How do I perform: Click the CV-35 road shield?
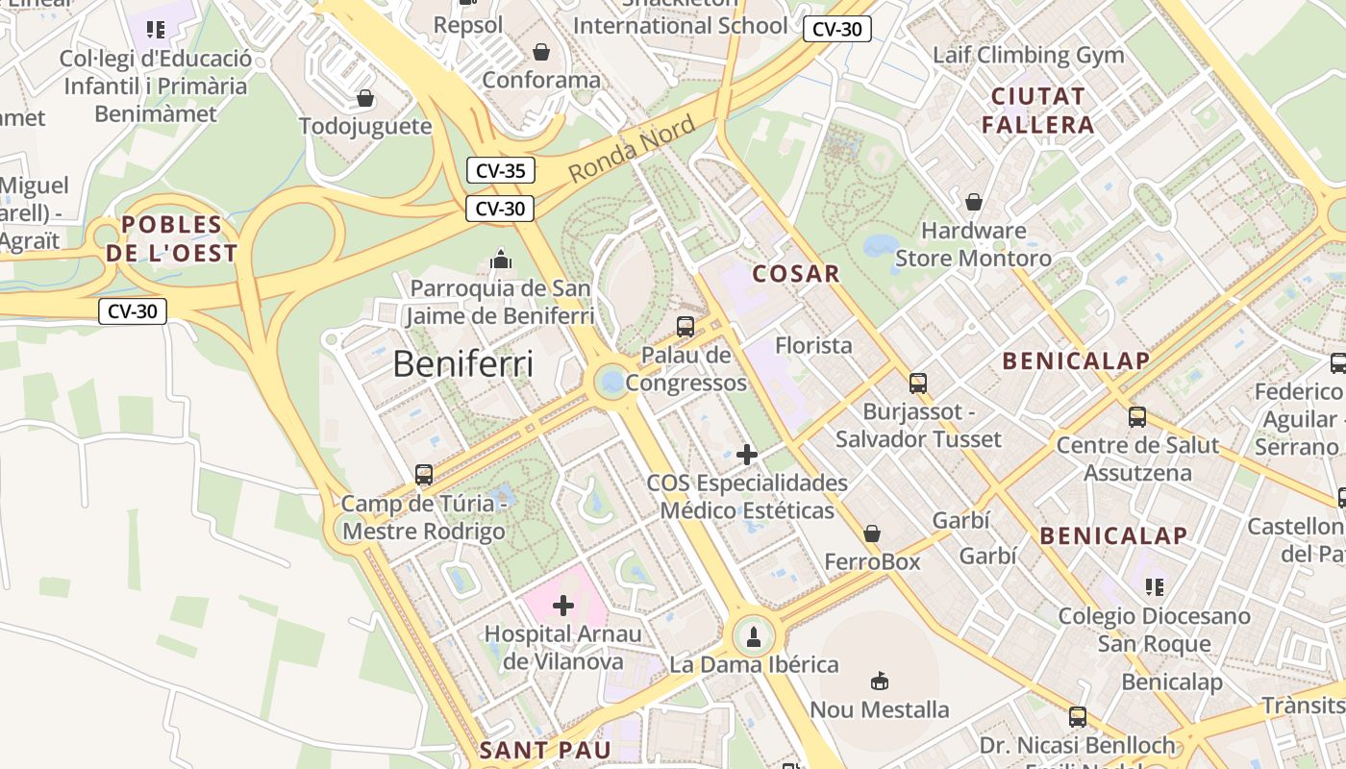[500, 171]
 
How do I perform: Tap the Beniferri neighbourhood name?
[462, 364]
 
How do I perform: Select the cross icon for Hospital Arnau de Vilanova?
[563, 606]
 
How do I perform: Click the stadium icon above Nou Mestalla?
[879, 682]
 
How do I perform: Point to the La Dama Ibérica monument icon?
[754, 635]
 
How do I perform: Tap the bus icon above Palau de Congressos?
[685, 326]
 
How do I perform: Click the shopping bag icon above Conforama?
[541, 52]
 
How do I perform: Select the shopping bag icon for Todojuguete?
[365, 98]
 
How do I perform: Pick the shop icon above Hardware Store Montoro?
[973, 202]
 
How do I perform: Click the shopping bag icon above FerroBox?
[872, 533]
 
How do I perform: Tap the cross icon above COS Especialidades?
[747, 455]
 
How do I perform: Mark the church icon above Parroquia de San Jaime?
[500, 260]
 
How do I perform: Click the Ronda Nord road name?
[631, 149]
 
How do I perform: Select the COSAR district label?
[796, 274]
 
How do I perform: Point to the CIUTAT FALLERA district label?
[1038, 111]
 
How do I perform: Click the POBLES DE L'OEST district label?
[172, 239]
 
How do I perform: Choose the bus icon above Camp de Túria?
[424, 474]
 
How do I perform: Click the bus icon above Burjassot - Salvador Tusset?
[918, 384]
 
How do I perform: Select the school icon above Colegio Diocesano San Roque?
[1154, 586]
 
